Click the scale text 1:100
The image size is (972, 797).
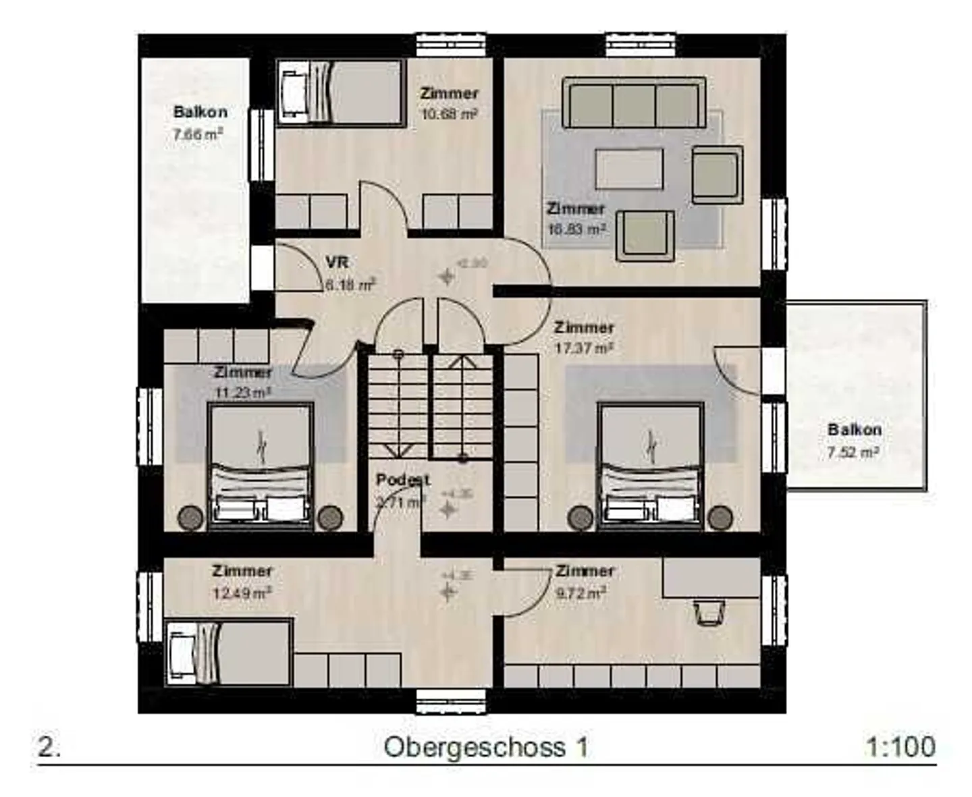pos(900,747)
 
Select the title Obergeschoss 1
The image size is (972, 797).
pos(485,747)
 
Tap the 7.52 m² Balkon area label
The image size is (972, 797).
pos(853,452)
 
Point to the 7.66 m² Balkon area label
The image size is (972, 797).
pos(198,134)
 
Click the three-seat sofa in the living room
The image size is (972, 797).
pos(633,103)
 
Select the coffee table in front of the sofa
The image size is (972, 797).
pos(628,169)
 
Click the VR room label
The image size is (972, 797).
pos(337,263)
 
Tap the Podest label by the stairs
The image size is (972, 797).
pos(402,480)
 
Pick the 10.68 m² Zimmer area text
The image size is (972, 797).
pos(450,114)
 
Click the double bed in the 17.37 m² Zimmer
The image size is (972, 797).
pos(650,464)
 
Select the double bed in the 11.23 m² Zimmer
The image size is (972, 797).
pos(261,464)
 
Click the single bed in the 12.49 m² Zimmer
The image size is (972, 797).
pos(228,653)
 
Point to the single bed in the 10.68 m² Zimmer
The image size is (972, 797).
pos(341,92)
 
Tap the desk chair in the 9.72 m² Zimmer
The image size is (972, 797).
pos(708,613)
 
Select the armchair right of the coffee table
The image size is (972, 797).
pos(717,174)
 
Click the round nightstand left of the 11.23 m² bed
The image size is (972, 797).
pos(190,518)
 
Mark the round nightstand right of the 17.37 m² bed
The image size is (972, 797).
pos(720,518)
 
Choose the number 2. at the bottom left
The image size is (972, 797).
pos(49,747)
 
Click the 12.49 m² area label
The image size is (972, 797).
pos(242,593)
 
